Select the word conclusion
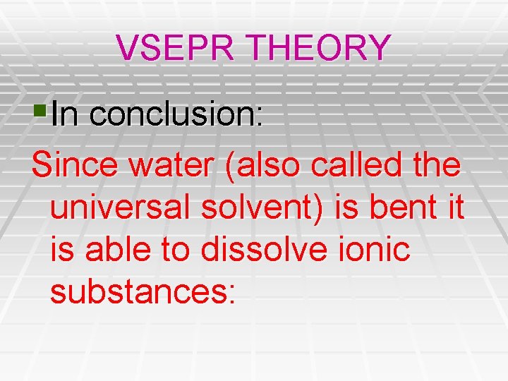pos(176,115)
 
